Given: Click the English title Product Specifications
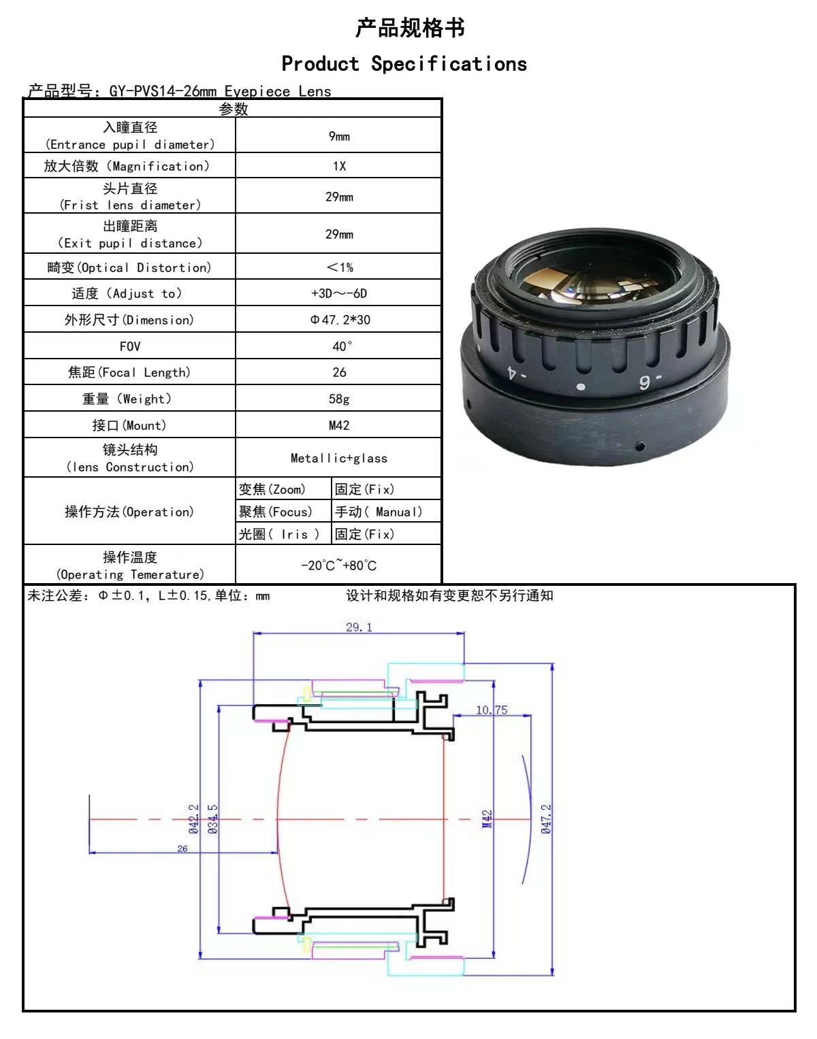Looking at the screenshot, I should tap(404, 64).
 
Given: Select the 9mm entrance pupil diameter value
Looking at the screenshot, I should tap(339, 136).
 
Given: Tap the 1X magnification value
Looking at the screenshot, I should tap(339, 166).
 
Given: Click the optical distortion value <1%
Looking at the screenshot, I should tap(339, 267).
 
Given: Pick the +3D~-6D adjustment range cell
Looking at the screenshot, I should tap(339, 293).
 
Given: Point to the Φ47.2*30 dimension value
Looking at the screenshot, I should tap(340, 320).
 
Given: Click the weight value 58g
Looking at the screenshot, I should tap(339, 399).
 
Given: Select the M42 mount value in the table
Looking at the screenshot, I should tap(339, 425).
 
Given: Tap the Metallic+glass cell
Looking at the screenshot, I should tap(339, 459).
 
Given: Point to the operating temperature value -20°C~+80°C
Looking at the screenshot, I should tap(339, 565).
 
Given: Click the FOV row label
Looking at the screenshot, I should tap(130, 346).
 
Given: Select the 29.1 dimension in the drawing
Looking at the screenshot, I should tap(359, 627).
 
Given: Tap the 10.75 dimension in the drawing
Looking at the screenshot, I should tap(492, 710).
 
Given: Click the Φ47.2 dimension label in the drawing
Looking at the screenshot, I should tap(546, 819).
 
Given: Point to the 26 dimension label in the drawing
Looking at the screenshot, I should tap(182, 848).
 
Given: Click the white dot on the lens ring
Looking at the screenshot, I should tap(580, 387).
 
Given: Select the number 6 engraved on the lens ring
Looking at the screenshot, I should tap(644, 382).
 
